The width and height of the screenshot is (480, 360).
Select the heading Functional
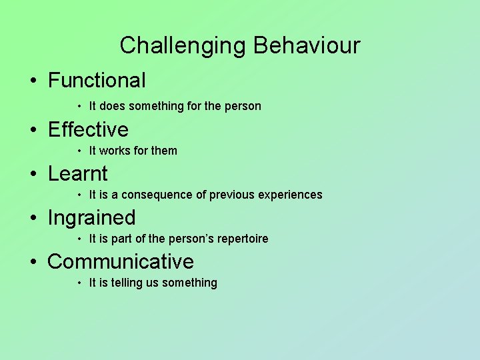(97, 81)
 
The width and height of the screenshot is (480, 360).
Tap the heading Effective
(88, 129)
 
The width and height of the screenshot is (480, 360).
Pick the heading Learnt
(77, 173)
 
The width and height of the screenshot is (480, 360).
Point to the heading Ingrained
(91, 218)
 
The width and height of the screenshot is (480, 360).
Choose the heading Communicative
(121, 262)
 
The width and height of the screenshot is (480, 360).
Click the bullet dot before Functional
(33, 81)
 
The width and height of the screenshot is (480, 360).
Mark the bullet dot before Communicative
(33, 263)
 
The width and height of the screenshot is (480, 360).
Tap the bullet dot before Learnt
(33, 174)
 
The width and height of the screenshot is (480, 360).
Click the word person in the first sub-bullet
(243, 106)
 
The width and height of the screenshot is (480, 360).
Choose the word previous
(232, 195)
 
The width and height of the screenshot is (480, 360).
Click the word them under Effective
(164, 151)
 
